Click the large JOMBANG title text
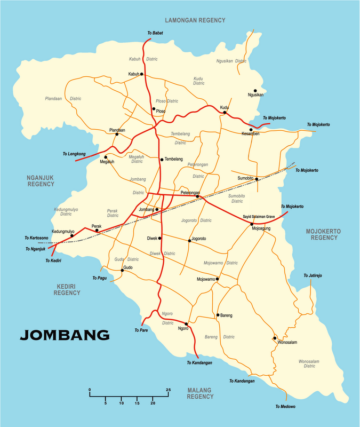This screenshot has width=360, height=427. click(65, 335)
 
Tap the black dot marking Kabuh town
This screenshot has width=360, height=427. click(142, 74)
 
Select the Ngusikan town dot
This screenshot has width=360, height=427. click(255, 91)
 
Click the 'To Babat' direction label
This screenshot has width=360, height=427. click(155, 33)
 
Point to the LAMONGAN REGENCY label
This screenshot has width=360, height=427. click(195, 20)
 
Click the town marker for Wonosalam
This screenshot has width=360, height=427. click(275, 338)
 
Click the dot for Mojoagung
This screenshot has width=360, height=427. click(252, 224)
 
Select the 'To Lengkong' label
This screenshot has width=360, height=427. click(74, 154)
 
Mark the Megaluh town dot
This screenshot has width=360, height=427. click(106, 157)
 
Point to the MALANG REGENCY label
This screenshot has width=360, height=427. click(200, 393)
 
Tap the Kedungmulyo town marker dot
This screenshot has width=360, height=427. click(72, 235)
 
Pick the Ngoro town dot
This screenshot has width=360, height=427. click(186, 324)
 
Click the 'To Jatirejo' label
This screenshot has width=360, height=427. click(313, 275)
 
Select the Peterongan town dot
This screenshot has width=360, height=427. click(197, 196)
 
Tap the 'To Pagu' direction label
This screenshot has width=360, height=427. click(99, 278)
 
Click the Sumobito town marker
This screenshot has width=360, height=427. click(257, 179)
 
